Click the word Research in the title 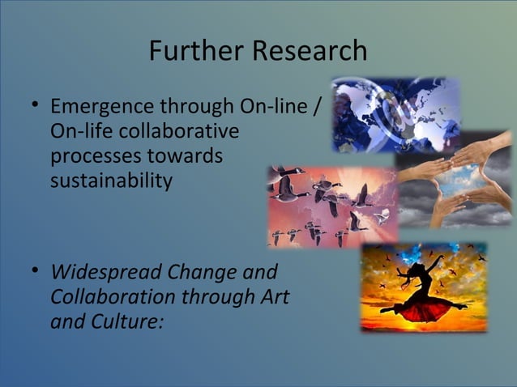310,50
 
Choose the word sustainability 111,180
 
